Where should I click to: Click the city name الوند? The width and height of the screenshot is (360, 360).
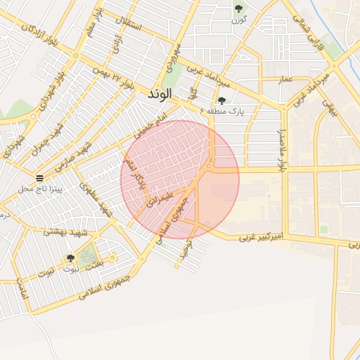[x=161, y=94]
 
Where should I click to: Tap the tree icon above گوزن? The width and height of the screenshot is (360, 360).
[x=238, y=8]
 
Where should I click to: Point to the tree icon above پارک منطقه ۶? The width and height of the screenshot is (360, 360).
[x=221, y=101]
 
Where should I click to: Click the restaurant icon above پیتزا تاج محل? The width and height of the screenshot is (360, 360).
[x=39, y=178]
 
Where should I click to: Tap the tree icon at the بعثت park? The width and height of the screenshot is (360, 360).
[x=70, y=258]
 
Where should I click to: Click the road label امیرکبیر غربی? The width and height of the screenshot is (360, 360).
[x=261, y=237]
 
